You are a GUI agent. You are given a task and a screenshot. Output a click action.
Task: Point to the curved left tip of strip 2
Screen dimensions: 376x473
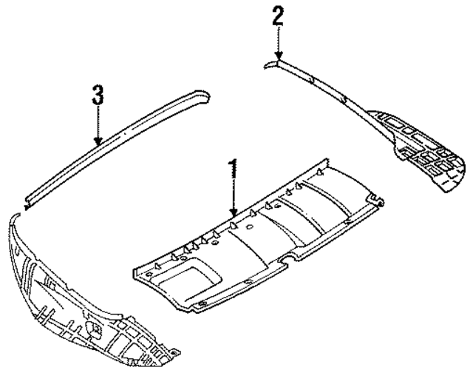pos(268,65)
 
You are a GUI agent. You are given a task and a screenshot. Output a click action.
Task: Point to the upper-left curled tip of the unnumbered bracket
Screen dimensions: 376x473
pos(15,219)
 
